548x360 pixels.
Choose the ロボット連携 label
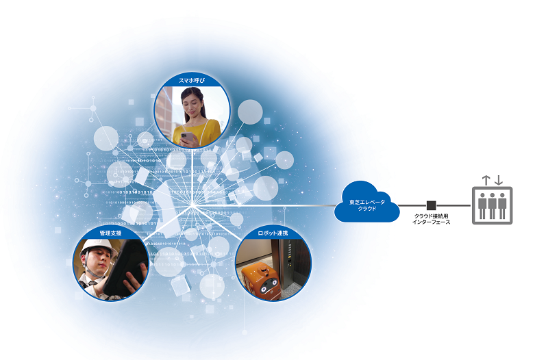click(273, 234)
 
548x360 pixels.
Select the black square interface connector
click(432, 205)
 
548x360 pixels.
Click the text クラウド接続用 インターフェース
click(432, 220)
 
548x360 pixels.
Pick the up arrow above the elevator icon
click(486, 180)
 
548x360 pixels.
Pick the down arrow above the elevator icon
click(499, 180)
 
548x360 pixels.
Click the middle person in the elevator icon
click(493, 206)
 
